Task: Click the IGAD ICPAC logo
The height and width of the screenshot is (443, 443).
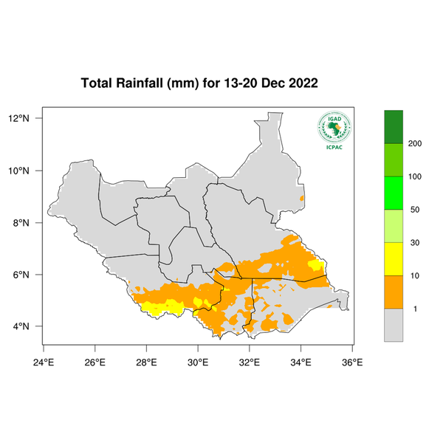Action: [x=333, y=131]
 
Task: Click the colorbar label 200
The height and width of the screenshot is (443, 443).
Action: [x=415, y=143]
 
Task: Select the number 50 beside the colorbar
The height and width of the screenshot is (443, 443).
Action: [x=415, y=210]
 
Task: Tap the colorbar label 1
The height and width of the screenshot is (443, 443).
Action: [x=415, y=309]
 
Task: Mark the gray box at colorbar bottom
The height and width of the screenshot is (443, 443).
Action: [x=393, y=325]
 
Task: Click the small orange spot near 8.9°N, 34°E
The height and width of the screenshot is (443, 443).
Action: [x=301, y=198]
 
